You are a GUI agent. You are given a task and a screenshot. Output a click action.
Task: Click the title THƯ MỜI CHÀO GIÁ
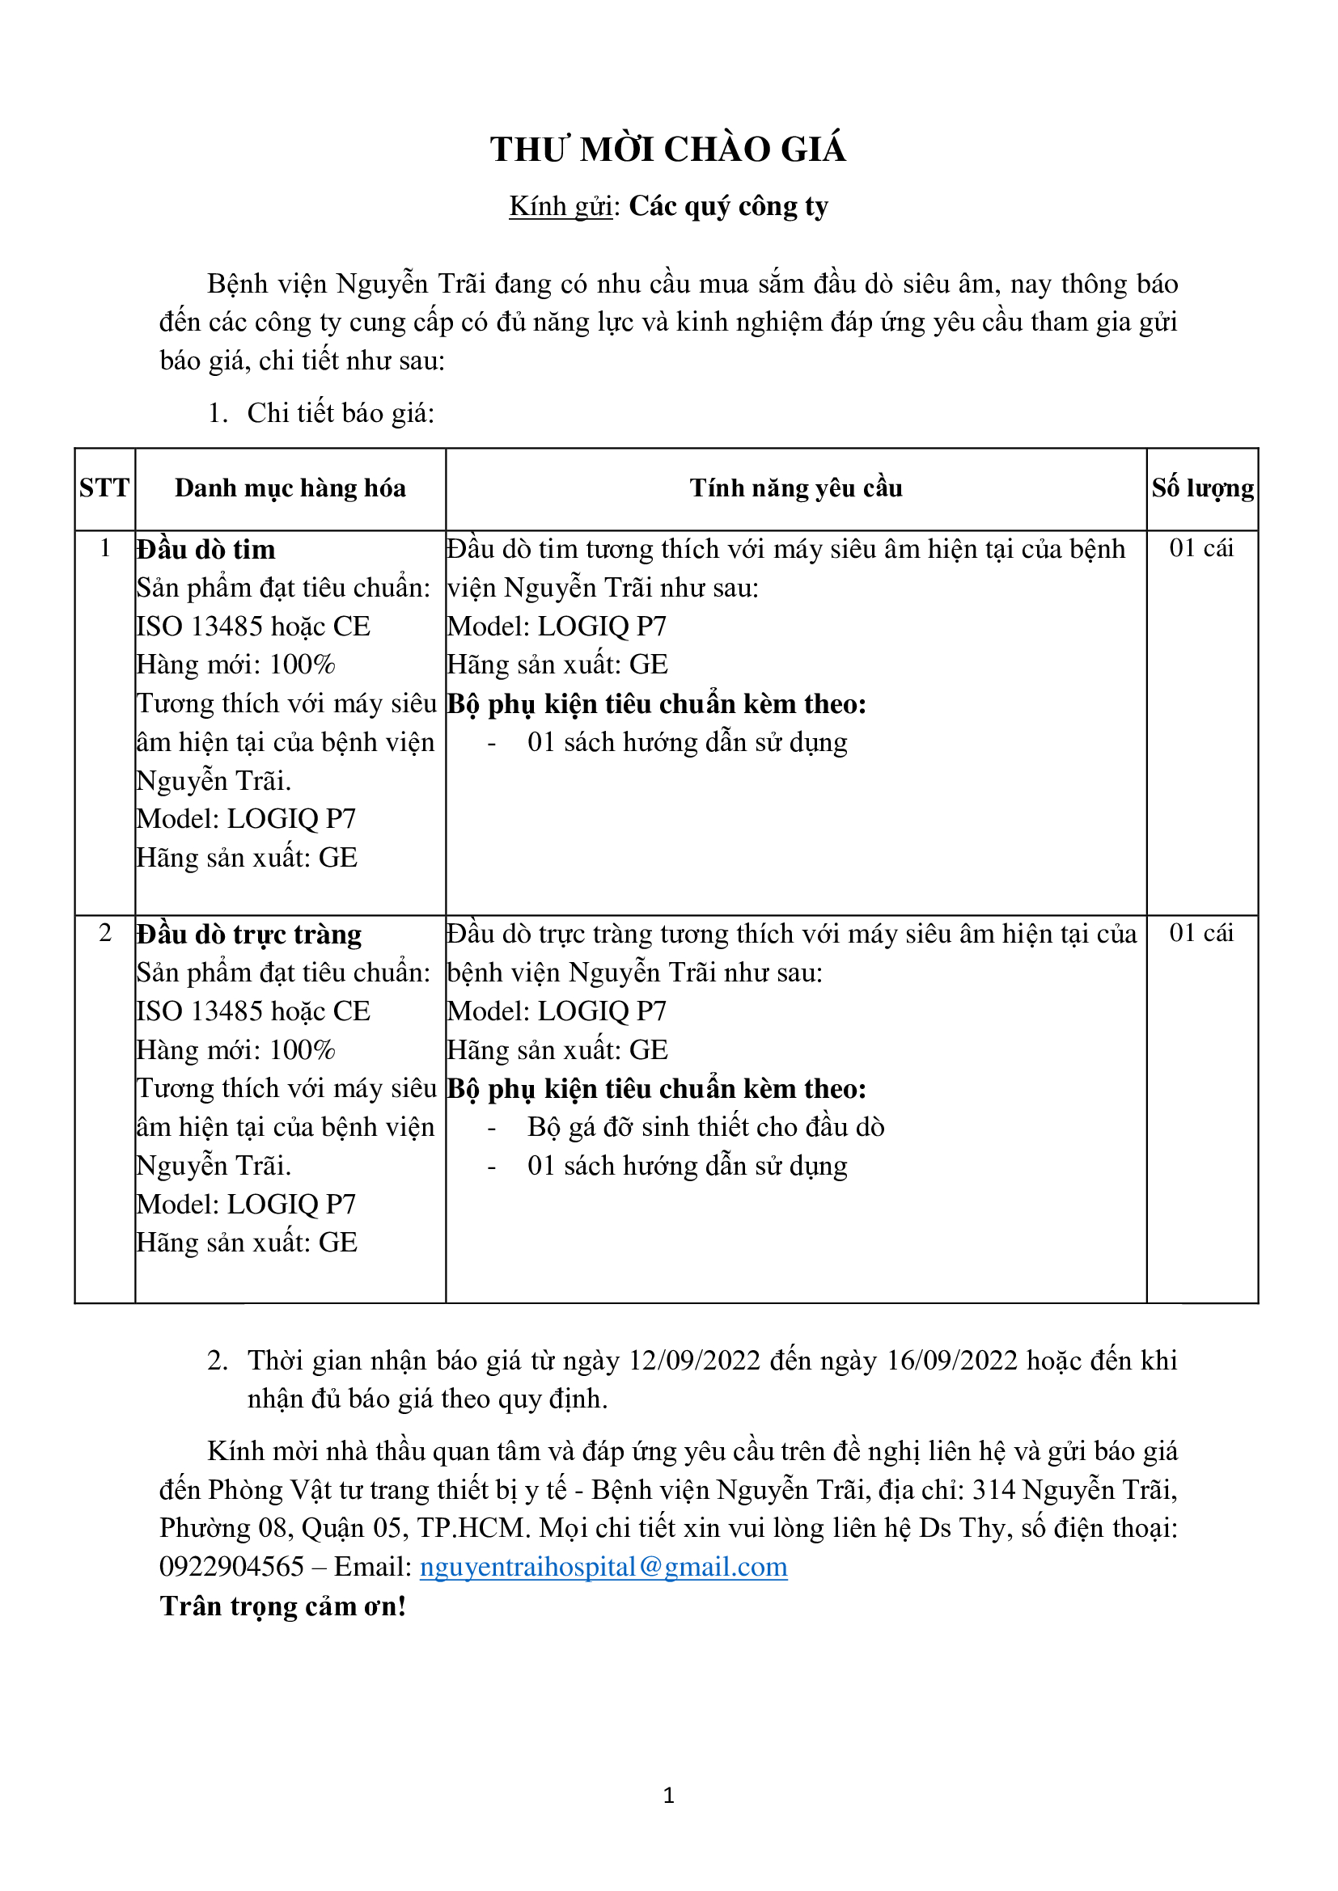pos(668,150)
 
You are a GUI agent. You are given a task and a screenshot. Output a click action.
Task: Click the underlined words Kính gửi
pos(561,207)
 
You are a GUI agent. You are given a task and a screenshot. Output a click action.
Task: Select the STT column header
pos(104,488)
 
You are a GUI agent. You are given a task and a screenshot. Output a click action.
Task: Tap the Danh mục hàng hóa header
pos(290,488)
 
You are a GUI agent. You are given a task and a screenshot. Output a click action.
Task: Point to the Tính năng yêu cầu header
pos(796,488)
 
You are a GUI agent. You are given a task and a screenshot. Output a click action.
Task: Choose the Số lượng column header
pos(1202,488)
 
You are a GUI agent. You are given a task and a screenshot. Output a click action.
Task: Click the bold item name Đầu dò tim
pos(206,549)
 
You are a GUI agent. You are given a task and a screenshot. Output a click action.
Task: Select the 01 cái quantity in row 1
pos(1201,548)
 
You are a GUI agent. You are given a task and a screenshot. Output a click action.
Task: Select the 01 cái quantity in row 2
pos(1201,933)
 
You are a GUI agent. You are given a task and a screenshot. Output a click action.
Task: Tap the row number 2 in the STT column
pos(104,933)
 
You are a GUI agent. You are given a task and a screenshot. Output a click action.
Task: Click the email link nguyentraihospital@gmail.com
pos(603,1567)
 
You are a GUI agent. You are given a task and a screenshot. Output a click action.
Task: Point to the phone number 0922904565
pos(231,1567)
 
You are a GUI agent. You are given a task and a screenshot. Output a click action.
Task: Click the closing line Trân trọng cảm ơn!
pos(282,1606)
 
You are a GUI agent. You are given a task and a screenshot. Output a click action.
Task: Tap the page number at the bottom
pos(668,1796)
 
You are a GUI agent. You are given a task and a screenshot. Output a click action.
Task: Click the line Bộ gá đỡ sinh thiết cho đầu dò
pos(705,1128)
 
